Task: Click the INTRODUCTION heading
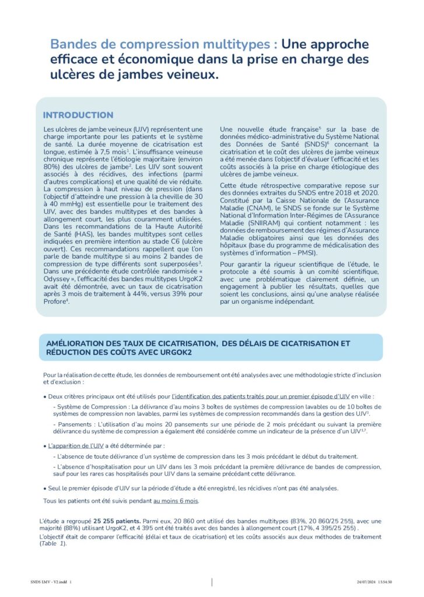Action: [x=78, y=115]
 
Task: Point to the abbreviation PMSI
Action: [x=306, y=253]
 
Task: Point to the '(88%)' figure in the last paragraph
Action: [x=69, y=529]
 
